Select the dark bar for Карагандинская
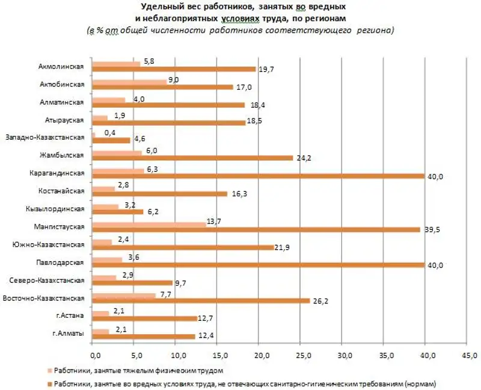click(x=259, y=176)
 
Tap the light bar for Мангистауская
click(x=150, y=224)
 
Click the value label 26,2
click(x=320, y=301)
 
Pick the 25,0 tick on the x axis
click(x=300, y=356)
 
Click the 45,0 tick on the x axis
click(x=467, y=356)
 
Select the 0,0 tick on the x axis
click(x=93, y=356)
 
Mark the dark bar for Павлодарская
click(x=259, y=265)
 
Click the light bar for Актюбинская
click(x=130, y=82)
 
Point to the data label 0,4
click(x=109, y=132)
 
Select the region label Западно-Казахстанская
click(x=46, y=138)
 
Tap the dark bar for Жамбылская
click(x=193, y=158)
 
